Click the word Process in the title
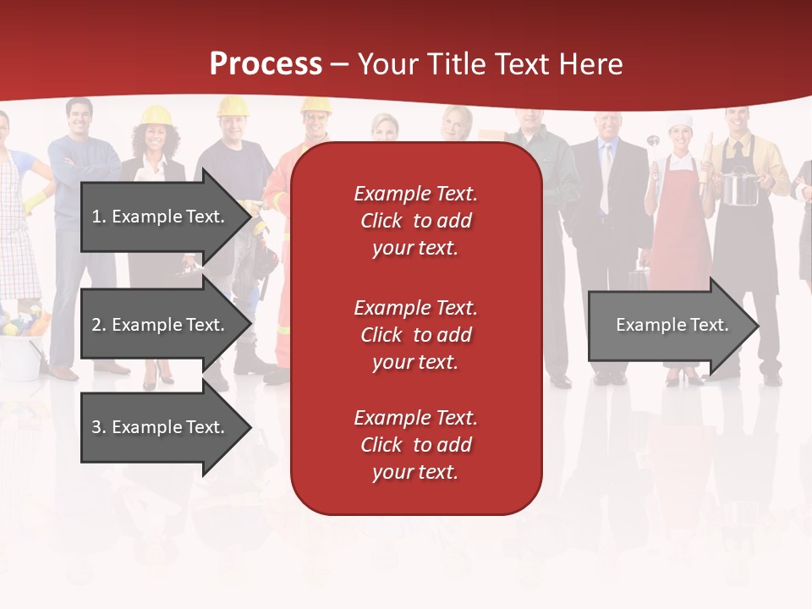(266, 64)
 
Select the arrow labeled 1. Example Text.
(161, 217)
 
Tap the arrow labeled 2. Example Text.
(161, 325)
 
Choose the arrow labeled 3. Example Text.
(161, 427)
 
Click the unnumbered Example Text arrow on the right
(668, 325)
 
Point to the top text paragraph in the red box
(415, 221)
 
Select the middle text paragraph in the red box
(415, 335)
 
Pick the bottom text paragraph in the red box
(415, 445)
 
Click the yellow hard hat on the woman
(156, 115)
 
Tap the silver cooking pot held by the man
(738, 187)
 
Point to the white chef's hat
(680, 123)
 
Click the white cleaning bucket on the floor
(19, 355)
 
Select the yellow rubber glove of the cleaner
(36, 201)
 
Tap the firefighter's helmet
(315, 105)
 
